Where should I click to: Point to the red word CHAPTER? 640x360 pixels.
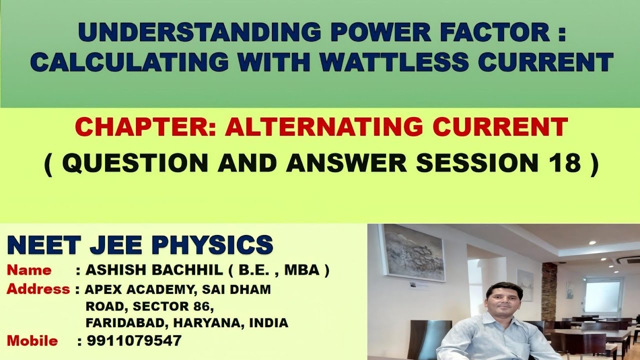coord(145,127)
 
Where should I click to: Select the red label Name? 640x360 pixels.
coord(29,270)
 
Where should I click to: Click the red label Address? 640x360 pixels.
coord(38,289)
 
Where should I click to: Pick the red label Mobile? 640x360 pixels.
coord(32,341)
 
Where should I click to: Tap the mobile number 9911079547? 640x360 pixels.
coord(134,341)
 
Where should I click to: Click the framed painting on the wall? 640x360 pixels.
coord(413,252)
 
